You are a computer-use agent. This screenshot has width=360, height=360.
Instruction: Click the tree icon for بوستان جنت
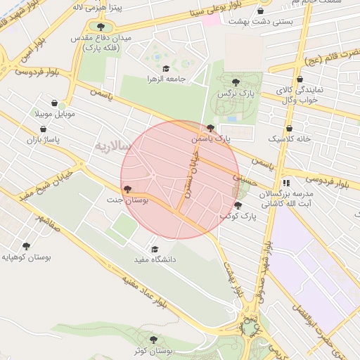pyautogui.click(x=127, y=189)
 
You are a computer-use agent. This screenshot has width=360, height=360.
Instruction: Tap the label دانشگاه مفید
pyautogui.click(x=155, y=259)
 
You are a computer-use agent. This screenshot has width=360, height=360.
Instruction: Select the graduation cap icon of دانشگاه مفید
pyautogui.click(x=155, y=248)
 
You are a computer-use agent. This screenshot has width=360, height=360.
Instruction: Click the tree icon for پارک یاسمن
pyautogui.click(x=211, y=128)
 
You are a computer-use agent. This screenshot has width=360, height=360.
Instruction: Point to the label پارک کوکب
pyautogui.click(x=238, y=217)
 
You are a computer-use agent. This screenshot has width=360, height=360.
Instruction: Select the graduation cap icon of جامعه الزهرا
pyautogui.click(x=166, y=69)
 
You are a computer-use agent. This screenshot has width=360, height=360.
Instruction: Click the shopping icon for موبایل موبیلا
pyautogui.click(x=55, y=103)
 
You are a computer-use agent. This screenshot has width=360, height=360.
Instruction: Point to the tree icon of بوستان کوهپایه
pyautogui.click(x=27, y=247)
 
